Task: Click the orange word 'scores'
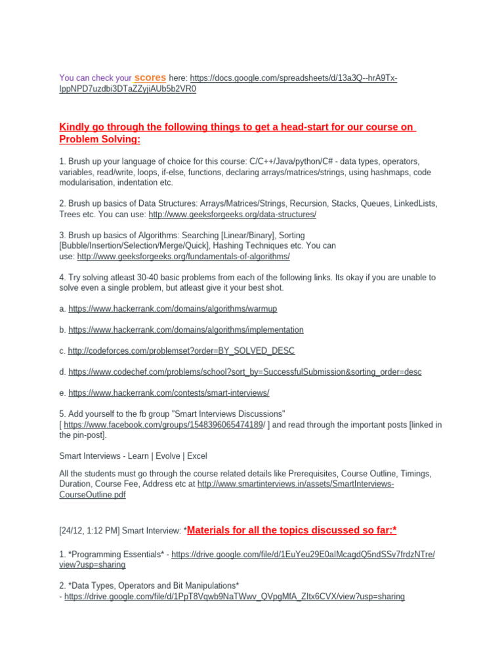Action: coord(150,77)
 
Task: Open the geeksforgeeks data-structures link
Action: coord(232,215)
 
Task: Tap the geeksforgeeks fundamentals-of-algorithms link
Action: coord(183,257)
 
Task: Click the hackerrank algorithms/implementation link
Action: coord(186,329)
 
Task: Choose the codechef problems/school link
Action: coord(245,372)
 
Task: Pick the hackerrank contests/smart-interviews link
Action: coord(169,393)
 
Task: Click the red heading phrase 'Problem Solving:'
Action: coord(100,140)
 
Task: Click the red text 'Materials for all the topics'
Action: coord(256,530)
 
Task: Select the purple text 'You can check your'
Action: coord(96,78)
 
